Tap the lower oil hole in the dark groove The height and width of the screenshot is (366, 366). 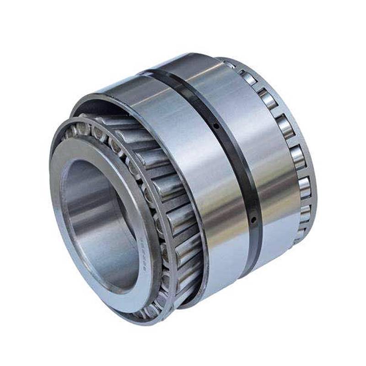coord(253,221)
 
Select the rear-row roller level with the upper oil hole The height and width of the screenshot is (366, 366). coord(284,126)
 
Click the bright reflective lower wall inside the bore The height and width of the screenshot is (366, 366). coord(110,261)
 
